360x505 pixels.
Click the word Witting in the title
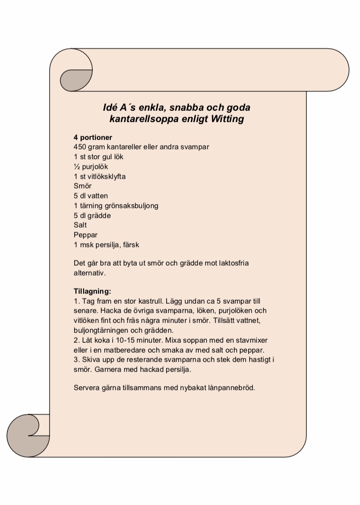(x=227, y=119)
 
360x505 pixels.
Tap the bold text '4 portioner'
(x=93, y=138)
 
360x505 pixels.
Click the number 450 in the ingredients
(x=80, y=147)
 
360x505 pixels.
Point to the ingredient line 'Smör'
(x=83, y=186)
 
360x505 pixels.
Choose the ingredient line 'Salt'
(x=80, y=225)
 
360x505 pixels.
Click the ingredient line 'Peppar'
(x=86, y=235)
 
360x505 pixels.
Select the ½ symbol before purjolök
(x=77, y=167)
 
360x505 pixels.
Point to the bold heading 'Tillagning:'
(x=92, y=291)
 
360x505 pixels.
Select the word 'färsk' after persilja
(x=131, y=245)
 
